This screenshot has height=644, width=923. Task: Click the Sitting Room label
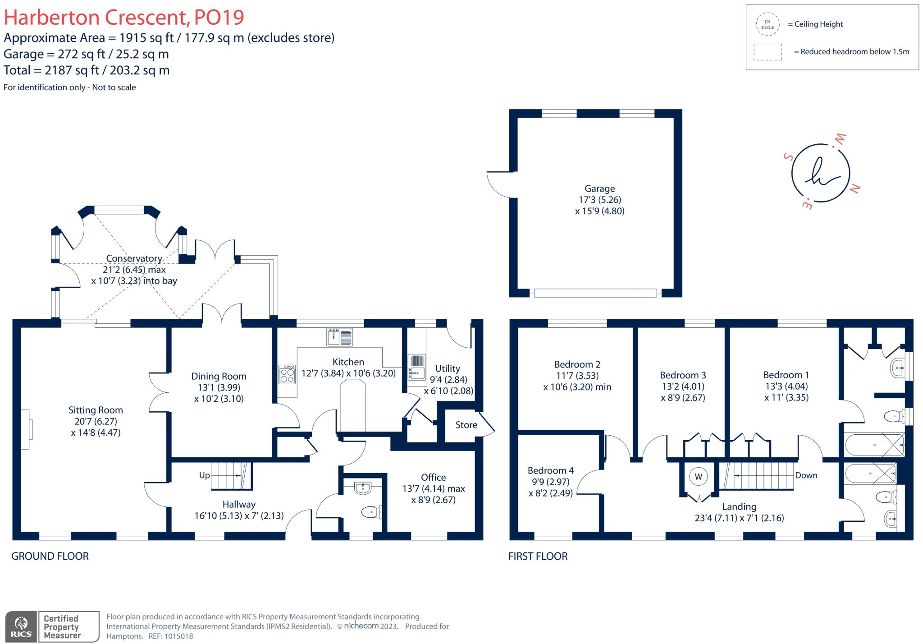point(96,410)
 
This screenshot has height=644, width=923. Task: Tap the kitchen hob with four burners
point(287,374)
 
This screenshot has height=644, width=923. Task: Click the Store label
point(466,425)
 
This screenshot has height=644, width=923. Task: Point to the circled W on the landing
point(699,477)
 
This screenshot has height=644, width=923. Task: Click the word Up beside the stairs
point(204,475)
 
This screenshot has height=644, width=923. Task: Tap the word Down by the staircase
point(806,475)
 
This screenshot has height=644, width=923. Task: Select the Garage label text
point(599,189)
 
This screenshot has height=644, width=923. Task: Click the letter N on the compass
point(854,189)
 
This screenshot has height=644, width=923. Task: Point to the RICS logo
point(21,627)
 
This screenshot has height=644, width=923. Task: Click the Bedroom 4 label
point(550,470)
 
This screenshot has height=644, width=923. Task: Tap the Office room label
point(433,477)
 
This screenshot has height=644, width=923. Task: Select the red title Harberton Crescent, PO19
point(124,17)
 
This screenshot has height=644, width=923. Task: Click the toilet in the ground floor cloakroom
point(371,512)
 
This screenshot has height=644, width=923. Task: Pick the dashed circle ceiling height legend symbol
point(768,24)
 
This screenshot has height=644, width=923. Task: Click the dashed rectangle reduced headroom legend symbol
point(768,52)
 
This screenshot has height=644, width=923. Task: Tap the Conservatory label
point(134,258)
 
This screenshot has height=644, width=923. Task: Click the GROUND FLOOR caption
point(50,556)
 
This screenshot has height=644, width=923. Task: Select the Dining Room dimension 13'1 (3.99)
point(219,387)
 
